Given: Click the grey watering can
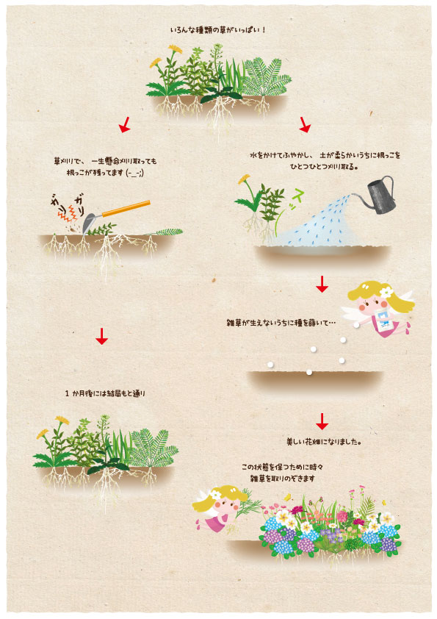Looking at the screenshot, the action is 380,196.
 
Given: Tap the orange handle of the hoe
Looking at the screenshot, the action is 126,209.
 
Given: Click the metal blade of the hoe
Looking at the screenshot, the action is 89,223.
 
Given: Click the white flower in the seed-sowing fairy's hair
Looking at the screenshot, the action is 386,292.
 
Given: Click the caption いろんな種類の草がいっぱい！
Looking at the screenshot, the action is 218,30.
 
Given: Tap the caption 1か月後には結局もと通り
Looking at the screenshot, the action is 105,393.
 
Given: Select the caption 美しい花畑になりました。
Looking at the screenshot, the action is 324,442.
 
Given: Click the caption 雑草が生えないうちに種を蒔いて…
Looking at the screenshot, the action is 281,323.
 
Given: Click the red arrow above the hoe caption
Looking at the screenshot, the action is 125,124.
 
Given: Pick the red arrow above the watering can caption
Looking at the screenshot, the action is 305,124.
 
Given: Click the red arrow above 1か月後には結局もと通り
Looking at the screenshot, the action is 102,336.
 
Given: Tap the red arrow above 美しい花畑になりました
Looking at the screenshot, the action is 322,421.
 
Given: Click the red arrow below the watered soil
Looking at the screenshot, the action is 322,285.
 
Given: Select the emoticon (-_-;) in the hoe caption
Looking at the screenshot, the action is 134,173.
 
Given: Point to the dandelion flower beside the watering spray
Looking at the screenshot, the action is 244,179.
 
